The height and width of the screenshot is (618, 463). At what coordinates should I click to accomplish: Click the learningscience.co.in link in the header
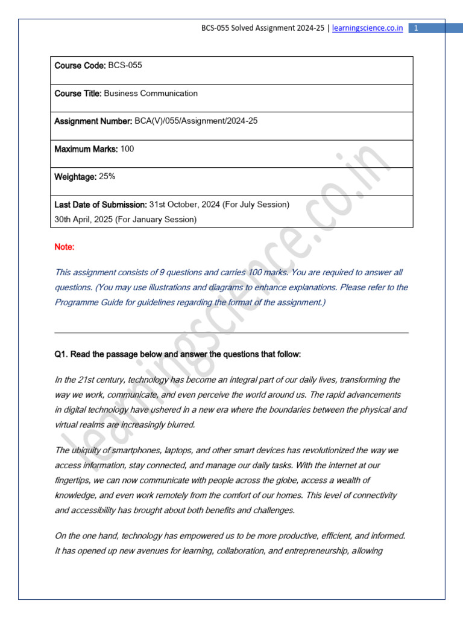[x=368, y=28]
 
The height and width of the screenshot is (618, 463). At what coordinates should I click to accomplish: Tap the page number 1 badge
[x=417, y=28]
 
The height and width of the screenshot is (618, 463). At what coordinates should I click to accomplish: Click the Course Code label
[x=80, y=65]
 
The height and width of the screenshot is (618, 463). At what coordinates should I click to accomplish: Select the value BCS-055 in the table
[x=125, y=65]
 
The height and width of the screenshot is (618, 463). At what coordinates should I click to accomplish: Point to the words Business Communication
[x=151, y=94]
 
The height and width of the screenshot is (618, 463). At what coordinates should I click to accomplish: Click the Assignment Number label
[x=93, y=121]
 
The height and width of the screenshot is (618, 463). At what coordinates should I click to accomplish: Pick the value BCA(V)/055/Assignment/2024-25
[x=196, y=121]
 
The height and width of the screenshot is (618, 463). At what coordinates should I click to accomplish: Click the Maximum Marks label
[x=86, y=149]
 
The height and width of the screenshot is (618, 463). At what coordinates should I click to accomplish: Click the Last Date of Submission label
[x=101, y=205]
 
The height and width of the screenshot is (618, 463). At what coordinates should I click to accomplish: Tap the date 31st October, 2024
[x=184, y=205]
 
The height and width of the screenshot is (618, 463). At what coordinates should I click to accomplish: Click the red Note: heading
[x=65, y=247]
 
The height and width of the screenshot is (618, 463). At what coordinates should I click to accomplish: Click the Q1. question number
[x=61, y=354]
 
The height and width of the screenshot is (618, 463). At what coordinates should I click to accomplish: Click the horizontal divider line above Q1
[x=231, y=333]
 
